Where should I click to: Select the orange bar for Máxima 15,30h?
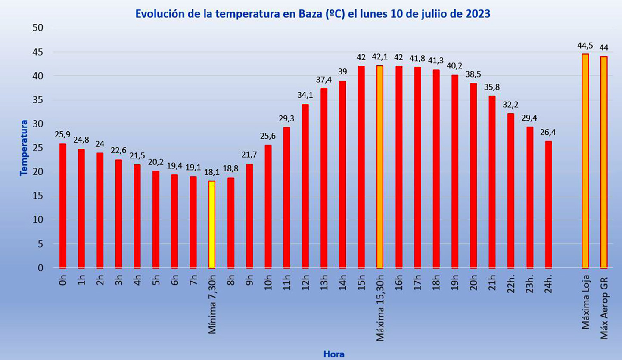click(x=379, y=167)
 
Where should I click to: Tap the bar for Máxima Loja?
click(x=585, y=161)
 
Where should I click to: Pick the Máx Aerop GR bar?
click(x=603, y=162)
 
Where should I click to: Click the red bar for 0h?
click(x=63, y=205)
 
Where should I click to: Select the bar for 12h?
click(x=305, y=186)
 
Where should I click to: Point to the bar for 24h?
click(x=548, y=204)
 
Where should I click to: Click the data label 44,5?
click(x=585, y=46)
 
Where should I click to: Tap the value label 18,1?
click(x=212, y=173)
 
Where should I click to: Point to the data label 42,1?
click(x=379, y=57)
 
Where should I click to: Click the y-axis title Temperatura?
click(x=24, y=148)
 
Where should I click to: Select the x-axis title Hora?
click(x=334, y=354)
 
